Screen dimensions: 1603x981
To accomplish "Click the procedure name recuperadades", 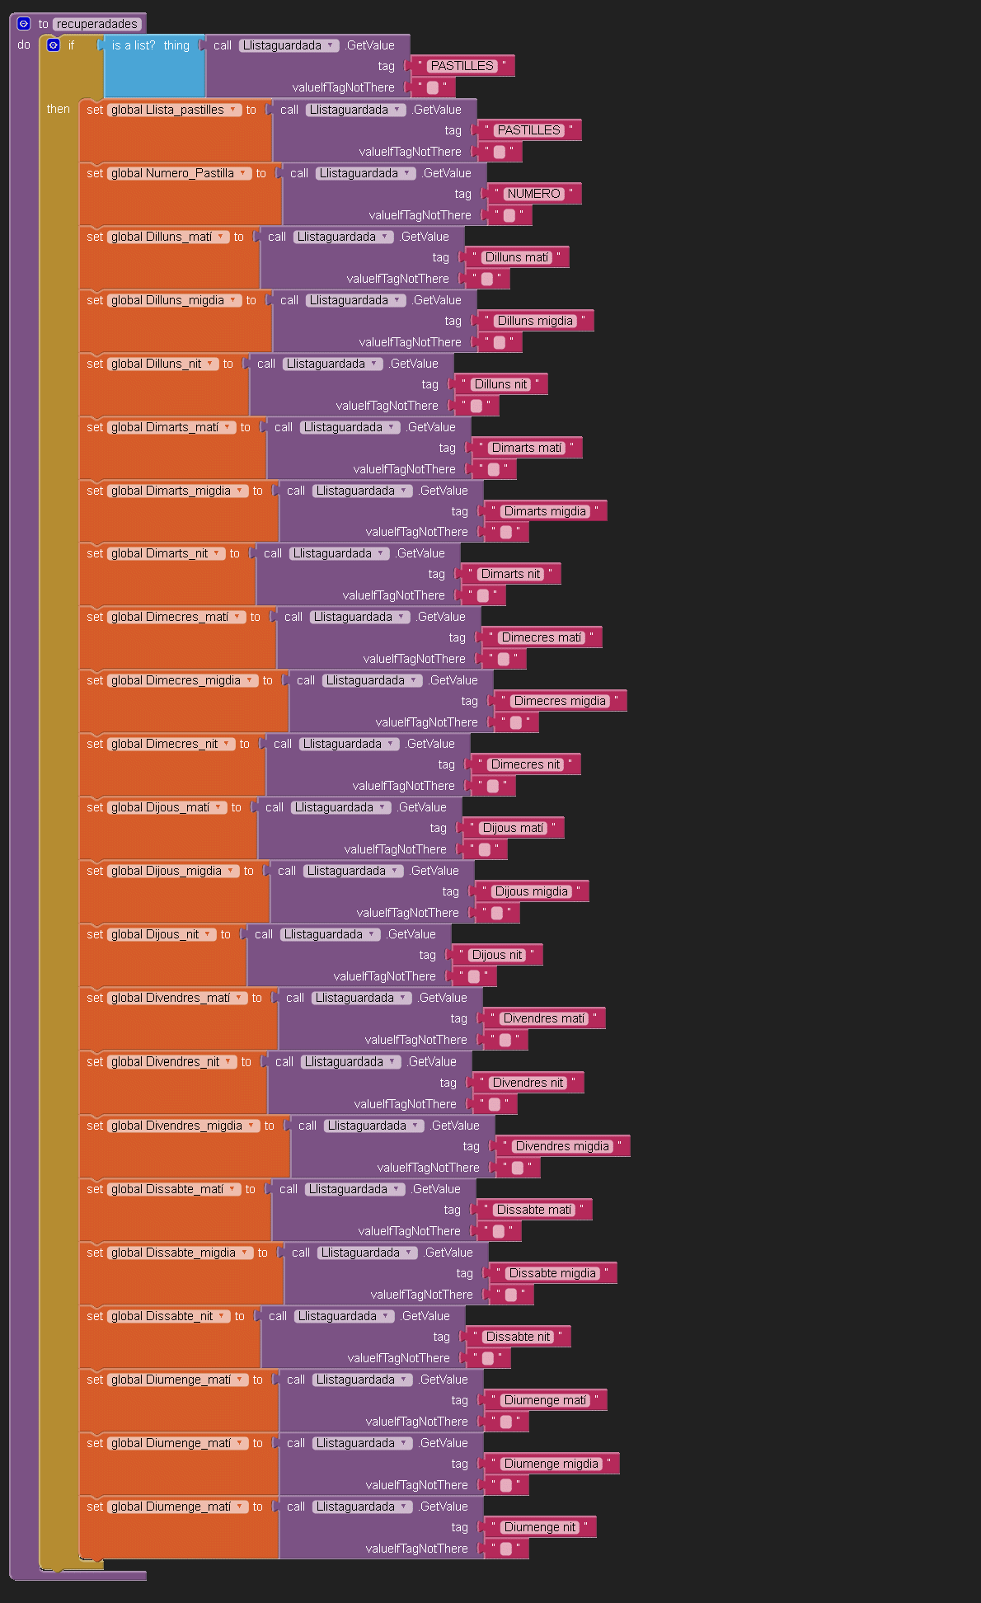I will pyautogui.click(x=96, y=24).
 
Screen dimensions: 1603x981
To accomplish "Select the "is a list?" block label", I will pyautogui.click(x=134, y=45).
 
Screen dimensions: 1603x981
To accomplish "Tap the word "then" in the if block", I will pyautogui.click(x=58, y=109).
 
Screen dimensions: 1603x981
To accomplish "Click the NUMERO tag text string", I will pyautogui.click(x=533, y=194).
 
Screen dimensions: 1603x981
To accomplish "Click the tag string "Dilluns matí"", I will pyautogui.click(x=516, y=257).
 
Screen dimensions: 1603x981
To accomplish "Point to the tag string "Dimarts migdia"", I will pyautogui.click(x=545, y=511).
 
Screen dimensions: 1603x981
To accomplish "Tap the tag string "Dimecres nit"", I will pyautogui.click(x=525, y=764).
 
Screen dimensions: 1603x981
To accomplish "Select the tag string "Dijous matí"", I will pyautogui.click(x=513, y=828).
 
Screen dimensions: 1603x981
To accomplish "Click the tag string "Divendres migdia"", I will pyautogui.click(x=562, y=1146).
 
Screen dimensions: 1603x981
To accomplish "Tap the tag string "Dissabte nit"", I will pyautogui.click(x=518, y=1337).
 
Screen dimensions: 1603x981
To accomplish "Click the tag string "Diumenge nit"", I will pyautogui.click(x=540, y=1527).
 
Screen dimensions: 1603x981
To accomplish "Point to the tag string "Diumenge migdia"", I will pyautogui.click(x=552, y=1464).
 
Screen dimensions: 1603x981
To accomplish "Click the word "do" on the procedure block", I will pyautogui.click(x=24, y=45).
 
